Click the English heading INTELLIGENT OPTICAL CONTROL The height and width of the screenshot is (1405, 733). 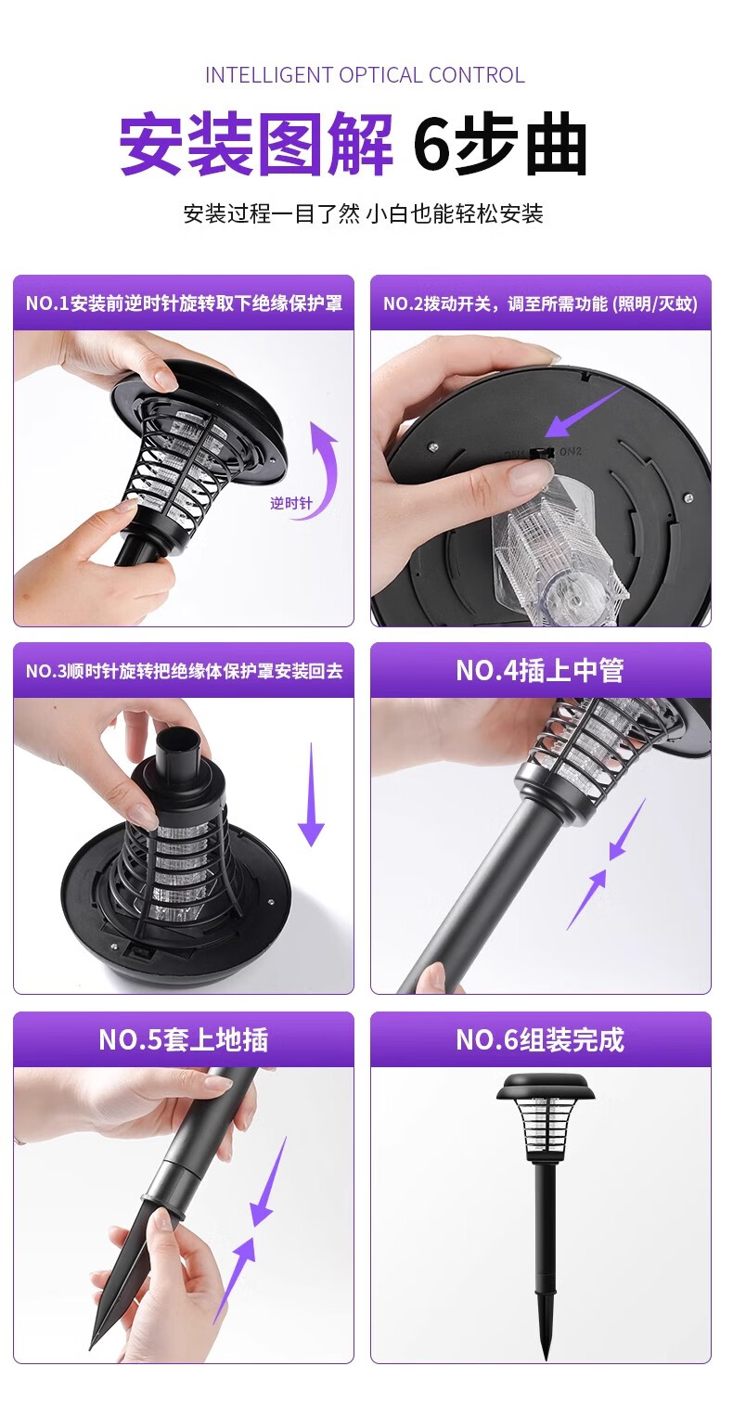[x=365, y=75]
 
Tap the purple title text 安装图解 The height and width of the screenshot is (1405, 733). [x=256, y=144]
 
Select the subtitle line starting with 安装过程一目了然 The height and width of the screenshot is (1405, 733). [x=363, y=213]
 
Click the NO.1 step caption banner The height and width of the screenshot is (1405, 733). [x=184, y=303]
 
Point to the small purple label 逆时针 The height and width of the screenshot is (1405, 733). [x=291, y=503]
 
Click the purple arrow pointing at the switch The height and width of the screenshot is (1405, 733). [x=585, y=411]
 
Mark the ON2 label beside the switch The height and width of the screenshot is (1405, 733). [x=572, y=451]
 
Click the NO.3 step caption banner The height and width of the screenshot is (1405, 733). [x=184, y=671]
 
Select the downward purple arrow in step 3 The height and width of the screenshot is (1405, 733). [x=311, y=794]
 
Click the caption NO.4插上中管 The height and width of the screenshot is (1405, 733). [x=540, y=671]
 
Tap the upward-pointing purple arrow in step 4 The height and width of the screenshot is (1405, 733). [x=587, y=899]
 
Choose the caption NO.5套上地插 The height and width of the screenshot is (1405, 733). [x=184, y=1039]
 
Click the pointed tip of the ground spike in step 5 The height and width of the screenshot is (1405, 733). [x=92, y=1347]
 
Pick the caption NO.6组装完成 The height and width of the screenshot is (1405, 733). [x=540, y=1039]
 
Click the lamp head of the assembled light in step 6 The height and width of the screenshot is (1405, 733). [x=546, y=1117]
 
